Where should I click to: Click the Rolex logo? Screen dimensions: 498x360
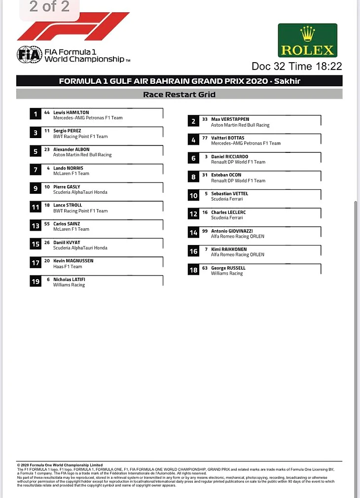[x=307, y=41]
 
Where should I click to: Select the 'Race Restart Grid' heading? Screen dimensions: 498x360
[x=179, y=94]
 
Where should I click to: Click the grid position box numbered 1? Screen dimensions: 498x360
[x=36, y=114]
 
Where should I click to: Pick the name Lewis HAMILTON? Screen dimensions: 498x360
[x=71, y=112]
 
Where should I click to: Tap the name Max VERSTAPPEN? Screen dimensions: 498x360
[x=230, y=119]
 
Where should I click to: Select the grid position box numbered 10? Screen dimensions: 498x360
[x=194, y=196]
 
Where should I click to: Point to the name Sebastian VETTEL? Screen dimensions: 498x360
[x=229, y=194]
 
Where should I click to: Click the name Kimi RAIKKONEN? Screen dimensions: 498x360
[x=229, y=249]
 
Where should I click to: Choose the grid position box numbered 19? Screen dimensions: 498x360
[x=36, y=282]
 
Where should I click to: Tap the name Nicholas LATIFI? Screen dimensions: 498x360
[x=69, y=279]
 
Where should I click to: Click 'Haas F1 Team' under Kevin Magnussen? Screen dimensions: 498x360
[x=68, y=267]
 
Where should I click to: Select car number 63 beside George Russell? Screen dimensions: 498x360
[x=205, y=268]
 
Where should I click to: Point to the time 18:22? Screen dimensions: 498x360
[x=328, y=67]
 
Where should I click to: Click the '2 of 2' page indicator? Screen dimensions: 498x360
[x=49, y=7]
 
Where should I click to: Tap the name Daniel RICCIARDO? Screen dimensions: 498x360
[x=230, y=157]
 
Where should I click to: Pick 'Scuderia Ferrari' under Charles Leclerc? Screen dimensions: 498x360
[x=227, y=218]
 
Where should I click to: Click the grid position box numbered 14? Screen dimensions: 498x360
[x=194, y=233]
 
